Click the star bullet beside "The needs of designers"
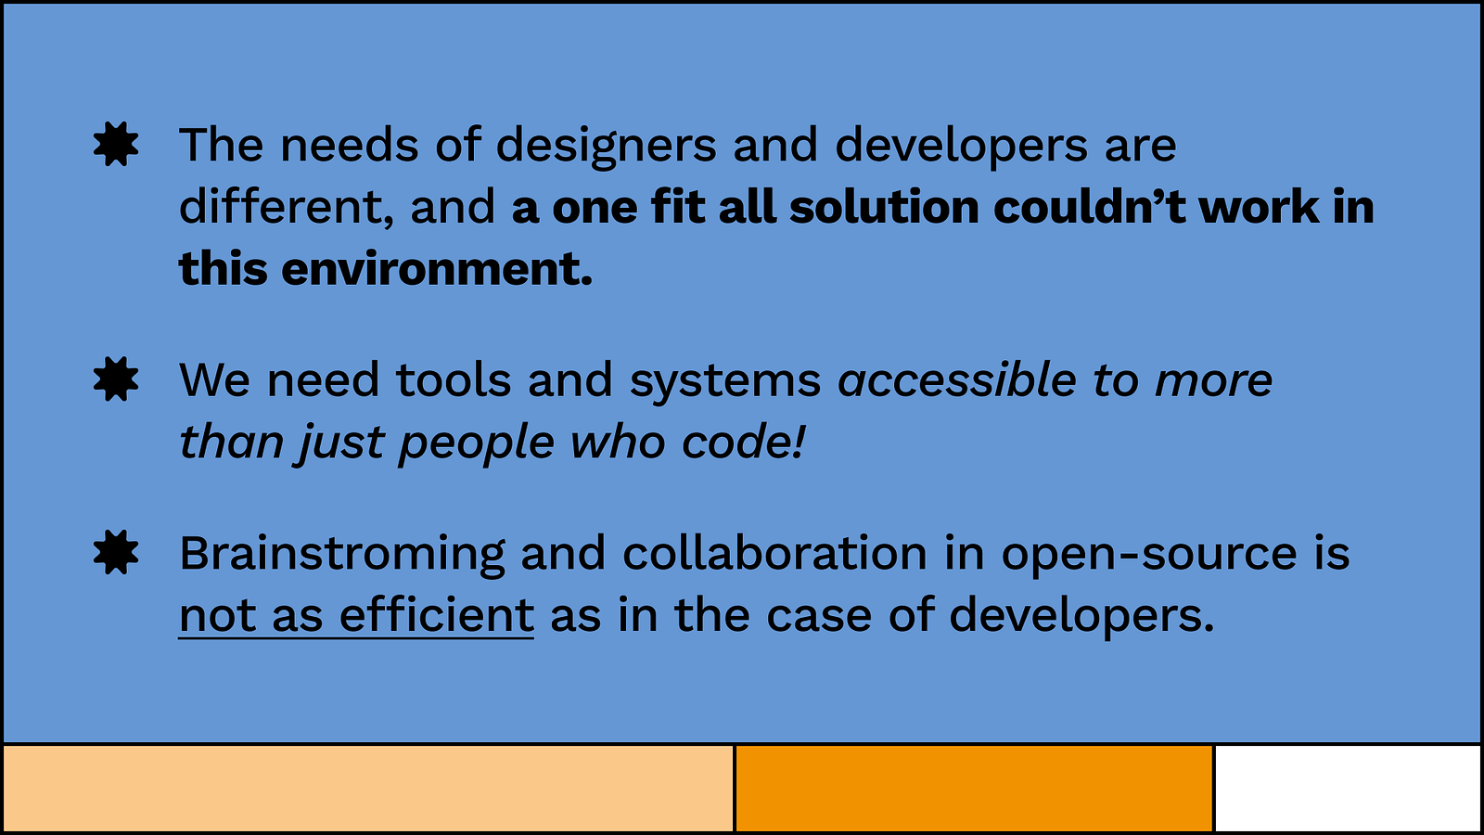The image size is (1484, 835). click(x=116, y=144)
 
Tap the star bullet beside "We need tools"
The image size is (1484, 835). click(x=116, y=379)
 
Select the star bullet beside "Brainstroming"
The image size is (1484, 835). click(x=116, y=552)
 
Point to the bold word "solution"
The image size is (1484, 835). click(x=885, y=207)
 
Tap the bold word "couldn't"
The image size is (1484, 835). click(x=1090, y=207)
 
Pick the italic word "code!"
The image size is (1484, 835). click(x=743, y=442)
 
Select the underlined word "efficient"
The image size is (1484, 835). click(x=437, y=614)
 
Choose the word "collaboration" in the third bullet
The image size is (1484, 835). click(x=774, y=553)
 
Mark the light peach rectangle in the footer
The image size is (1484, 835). click(x=368, y=788)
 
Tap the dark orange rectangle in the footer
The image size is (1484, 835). click(x=974, y=788)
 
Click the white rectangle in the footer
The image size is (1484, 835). click(x=1348, y=788)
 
